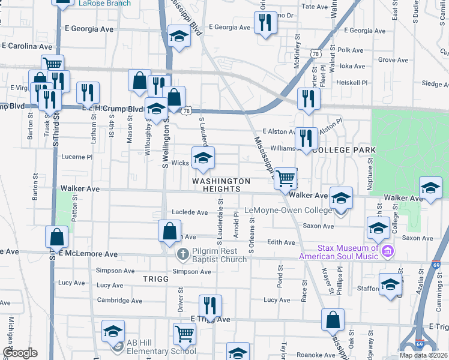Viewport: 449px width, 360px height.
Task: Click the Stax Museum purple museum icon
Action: click(x=387, y=250)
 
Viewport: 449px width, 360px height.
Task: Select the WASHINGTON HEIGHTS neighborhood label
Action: click(x=221, y=185)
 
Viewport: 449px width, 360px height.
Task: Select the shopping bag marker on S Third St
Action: click(x=56, y=237)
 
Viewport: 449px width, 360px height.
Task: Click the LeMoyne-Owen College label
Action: click(x=288, y=211)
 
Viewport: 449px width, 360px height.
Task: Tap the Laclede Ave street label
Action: click(x=190, y=212)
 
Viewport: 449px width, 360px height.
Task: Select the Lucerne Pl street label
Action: click(x=77, y=157)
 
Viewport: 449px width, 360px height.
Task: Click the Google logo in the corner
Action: click(x=20, y=353)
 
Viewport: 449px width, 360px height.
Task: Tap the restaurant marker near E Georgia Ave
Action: click(x=265, y=23)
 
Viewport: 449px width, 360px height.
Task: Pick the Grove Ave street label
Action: click(x=393, y=60)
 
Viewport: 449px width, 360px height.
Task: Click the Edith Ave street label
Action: click(x=282, y=242)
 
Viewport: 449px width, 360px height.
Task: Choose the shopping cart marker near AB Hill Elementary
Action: click(x=184, y=334)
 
